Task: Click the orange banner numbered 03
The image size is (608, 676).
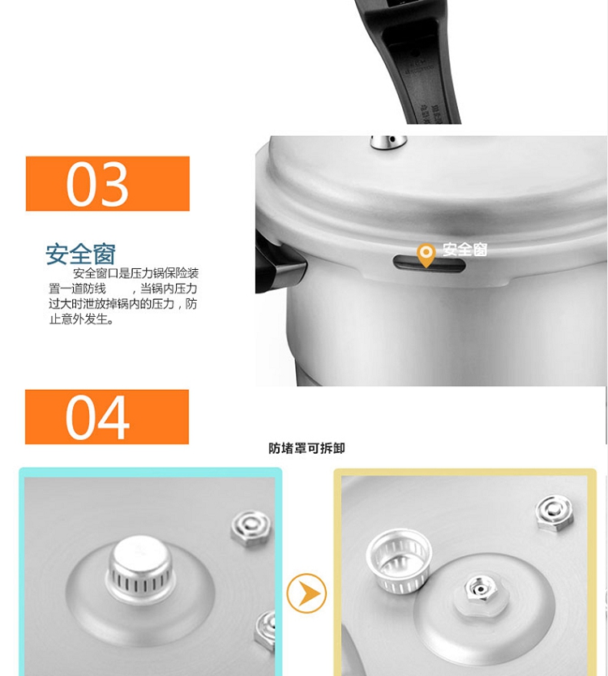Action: click(108, 184)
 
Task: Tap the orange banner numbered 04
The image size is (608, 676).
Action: click(107, 417)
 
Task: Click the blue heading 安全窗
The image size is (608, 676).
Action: click(80, 254)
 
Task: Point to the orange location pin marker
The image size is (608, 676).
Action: click(426, 255)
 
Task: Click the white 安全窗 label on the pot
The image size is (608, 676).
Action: click(465, 250)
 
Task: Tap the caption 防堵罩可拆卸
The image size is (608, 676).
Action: click(306, 448)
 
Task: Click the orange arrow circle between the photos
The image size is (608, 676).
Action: click(306, 593)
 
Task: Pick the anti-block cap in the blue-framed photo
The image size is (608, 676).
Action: click(141, 565)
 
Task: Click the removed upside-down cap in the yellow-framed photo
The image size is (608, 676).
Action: click(399, 560)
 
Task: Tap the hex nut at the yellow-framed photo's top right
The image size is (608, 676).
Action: click(554, 515)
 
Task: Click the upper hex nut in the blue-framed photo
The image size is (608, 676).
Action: click(251, 528)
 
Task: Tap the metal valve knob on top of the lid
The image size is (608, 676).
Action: click(388, 143)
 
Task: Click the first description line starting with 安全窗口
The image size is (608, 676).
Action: click(136, 273)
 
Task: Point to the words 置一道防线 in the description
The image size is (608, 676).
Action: click(77, 289)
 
